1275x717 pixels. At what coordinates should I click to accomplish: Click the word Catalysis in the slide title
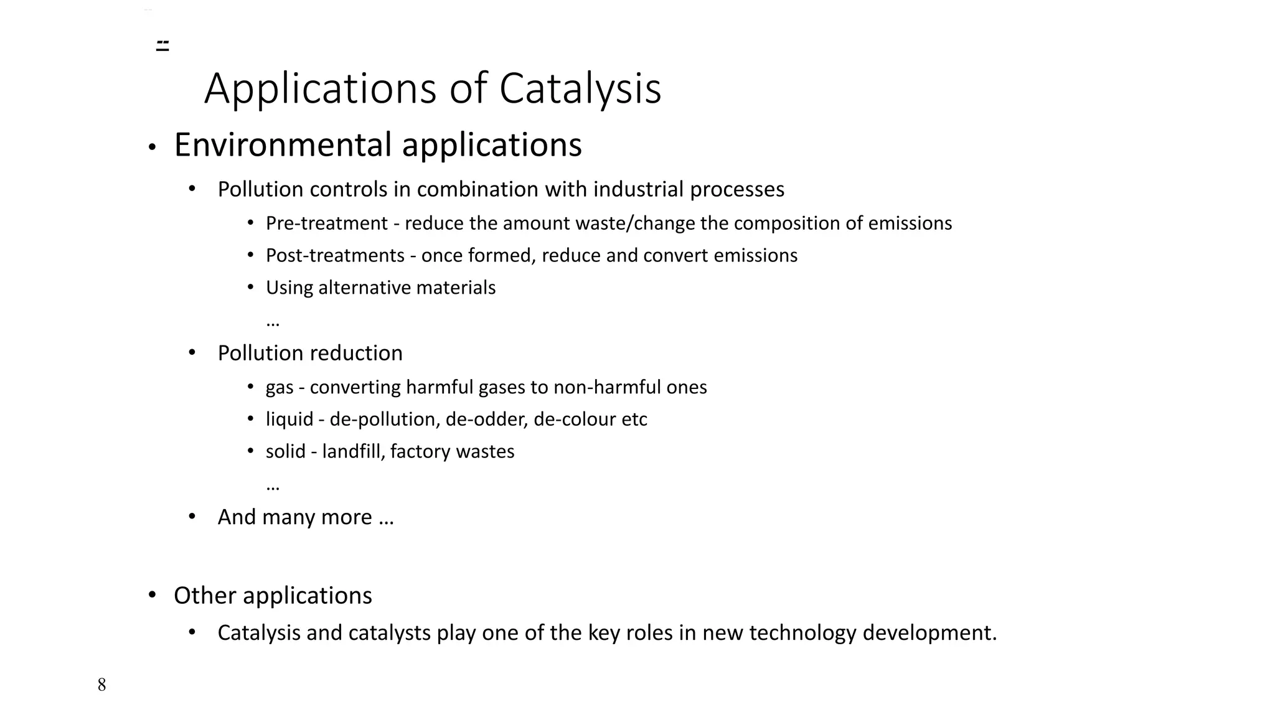tap(580, 88)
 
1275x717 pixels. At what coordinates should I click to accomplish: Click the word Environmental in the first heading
tap(283, 144)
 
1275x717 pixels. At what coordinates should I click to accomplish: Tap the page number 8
tap(102, 685)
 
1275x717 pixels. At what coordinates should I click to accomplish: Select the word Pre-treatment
tap(326, 223)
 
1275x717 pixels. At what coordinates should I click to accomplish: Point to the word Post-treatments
tap(335, 255)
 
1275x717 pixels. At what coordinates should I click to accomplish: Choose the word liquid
tap(289, 419)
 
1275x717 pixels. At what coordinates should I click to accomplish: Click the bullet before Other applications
tap(152, 595)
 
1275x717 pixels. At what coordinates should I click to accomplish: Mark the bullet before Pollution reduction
tap(192, 353)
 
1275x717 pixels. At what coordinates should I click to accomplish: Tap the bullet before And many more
tap(192, 517)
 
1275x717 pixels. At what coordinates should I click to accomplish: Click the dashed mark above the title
tap(162, 45)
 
